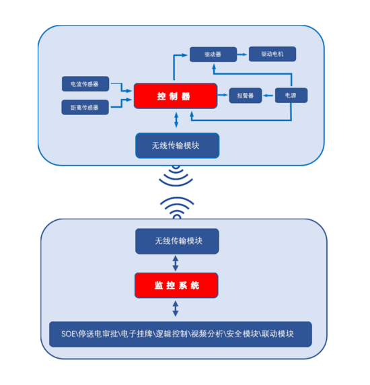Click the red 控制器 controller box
tap(176, 96)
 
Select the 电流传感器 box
tap(85, 84)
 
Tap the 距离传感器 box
tap(85, 107)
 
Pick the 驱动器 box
tap(213, 55)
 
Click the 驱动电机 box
tap(272, 54)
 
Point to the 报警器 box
tap(246, 96)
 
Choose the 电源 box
tap(291, 96)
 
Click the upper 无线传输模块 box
tap(177, 145)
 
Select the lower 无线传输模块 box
tap(177, 241)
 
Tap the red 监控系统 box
tap(176, 285)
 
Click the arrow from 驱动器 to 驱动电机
tap(242, 55)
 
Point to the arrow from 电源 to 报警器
tap(268, 96)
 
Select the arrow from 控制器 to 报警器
tap(223, 95)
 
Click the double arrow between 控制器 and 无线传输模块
tap(176, 120)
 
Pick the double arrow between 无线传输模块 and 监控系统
tap(176, 263)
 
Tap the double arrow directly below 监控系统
tap(176, 309)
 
